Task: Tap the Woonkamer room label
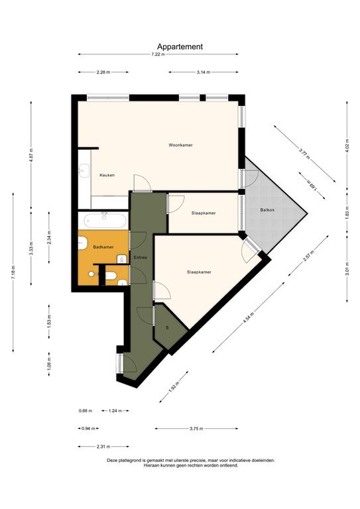tap(180, 144)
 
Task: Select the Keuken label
tap(107, 175)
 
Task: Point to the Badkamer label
tap(103, 247)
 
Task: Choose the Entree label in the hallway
tap(141, 257)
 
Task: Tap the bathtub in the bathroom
tap(103, 220)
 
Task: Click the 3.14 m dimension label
tap(204, 72)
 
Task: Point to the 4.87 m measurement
tap(31, 162)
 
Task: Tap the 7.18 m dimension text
tap(13, 272)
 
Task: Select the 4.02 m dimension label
tap(347, 144)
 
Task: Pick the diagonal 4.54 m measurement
tap(247, 319)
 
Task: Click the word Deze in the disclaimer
tap(111, 459)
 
